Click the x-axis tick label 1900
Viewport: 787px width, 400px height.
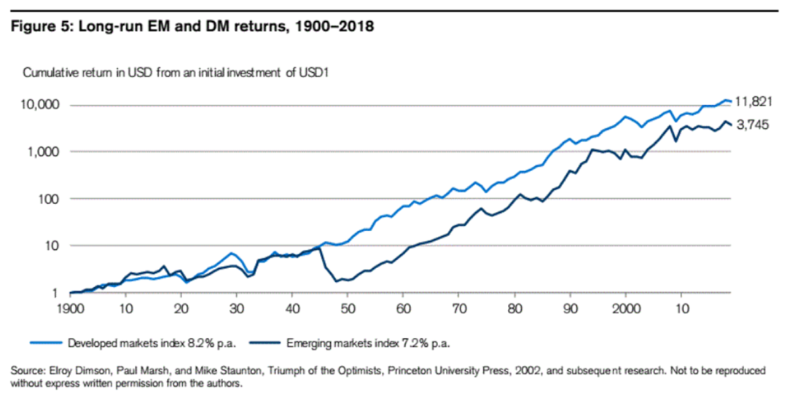tap(71, 307)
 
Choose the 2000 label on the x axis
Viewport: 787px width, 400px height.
tap(625, 307)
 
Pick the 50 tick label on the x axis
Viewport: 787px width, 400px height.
tap(348, 307)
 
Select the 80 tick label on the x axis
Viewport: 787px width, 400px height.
tap(514, 307)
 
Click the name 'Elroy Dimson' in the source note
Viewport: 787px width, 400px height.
tap(74, 371)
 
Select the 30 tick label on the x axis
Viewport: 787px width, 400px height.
tap(236, 307)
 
